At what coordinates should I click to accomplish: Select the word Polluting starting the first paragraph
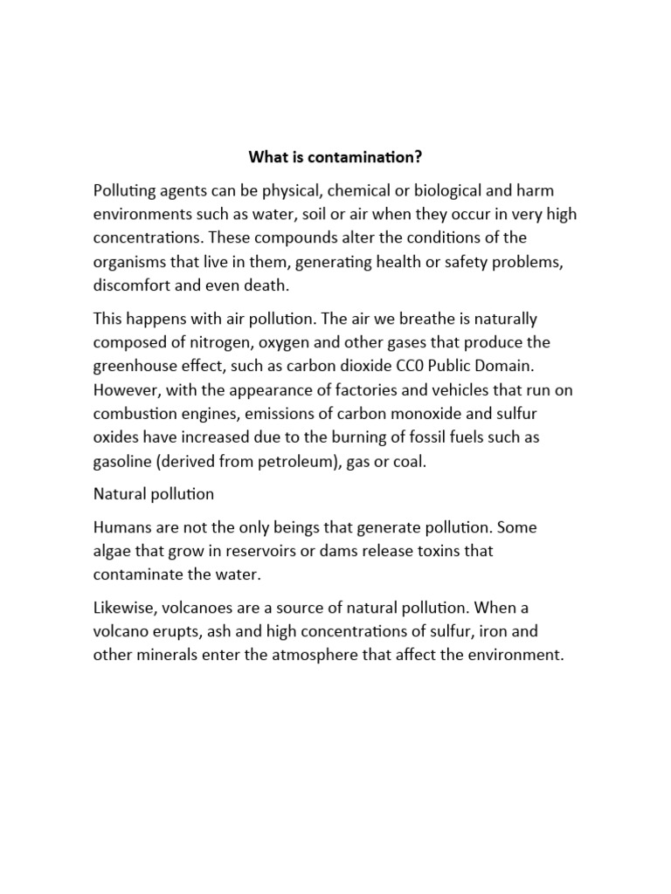tap(124, 190)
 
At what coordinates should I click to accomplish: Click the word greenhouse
tap(135, 365)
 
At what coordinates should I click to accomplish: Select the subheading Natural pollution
tap(154, 493)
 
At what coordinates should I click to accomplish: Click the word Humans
tap(122, 527)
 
